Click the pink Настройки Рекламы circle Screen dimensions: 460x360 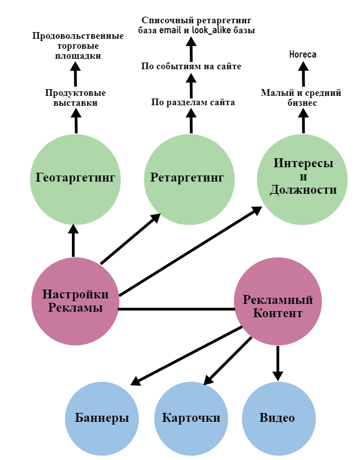tap(75, 302)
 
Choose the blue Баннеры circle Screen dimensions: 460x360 tap(102, 418)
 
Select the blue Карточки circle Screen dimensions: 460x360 tap(191, 418)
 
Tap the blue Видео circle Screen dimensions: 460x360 tap(278, 418)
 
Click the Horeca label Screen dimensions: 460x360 tap(303, 54)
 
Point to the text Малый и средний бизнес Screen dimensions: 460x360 tap(301, 98)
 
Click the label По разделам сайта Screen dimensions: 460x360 tap(193, 102)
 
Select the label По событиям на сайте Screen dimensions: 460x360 tap(191, 67)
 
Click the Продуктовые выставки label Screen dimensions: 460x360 tap(76, 98)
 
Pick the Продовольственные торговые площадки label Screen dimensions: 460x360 tap(78, 46)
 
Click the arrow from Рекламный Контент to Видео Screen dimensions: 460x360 tap(278, 363)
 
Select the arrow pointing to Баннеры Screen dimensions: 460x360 tap(188, 355)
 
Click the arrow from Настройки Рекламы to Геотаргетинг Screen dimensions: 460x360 tap(73, 241)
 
